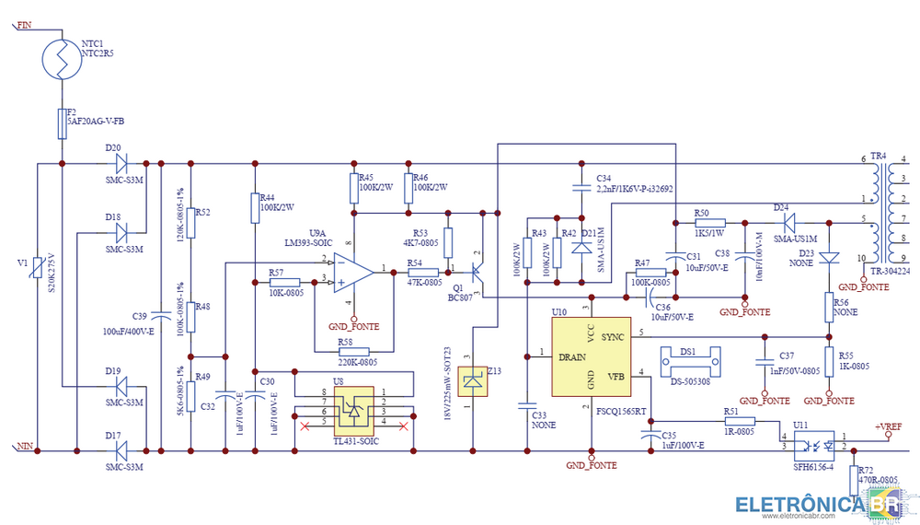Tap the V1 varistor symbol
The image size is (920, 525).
(37, 267)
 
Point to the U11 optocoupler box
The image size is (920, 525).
(813, 442)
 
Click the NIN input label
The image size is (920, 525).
(26, 447)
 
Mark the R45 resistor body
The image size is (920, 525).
(353, 189)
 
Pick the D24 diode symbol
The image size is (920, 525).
(787, 222)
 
